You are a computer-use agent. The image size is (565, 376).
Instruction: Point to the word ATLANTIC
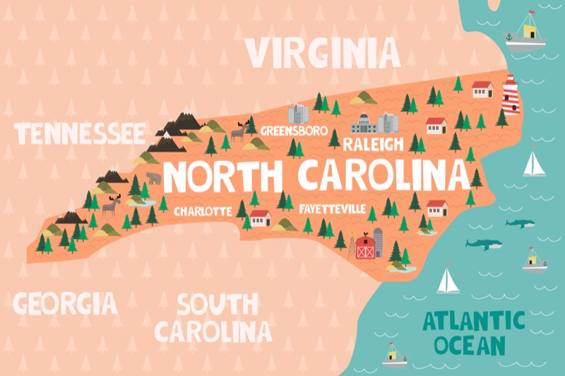(474, 322)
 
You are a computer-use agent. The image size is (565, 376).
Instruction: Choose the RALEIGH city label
(373, 145)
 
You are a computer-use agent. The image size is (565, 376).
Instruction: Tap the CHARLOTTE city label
(203, 211)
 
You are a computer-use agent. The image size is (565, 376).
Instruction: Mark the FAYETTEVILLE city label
(333, 210)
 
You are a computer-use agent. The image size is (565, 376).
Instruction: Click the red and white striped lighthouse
(510, 95)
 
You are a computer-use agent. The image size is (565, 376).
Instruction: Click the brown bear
(153, 178)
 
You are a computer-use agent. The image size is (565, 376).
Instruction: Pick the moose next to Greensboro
(239, 131)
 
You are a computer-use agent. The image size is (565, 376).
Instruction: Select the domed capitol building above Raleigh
(365, 124)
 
